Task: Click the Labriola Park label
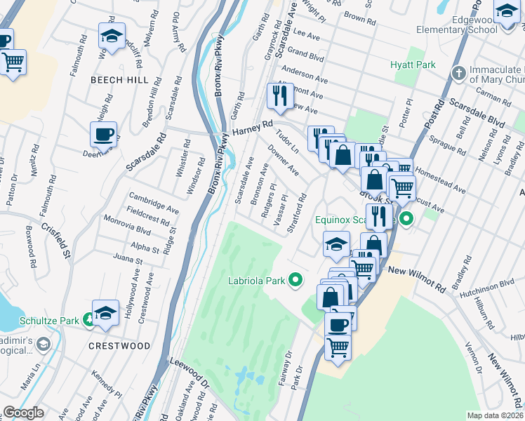[256, 281]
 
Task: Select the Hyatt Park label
[413, 65]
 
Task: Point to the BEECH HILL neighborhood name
[119, 81]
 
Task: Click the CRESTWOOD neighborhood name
[119, 346]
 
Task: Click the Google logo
[23, 413]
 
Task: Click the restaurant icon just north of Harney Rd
[281, 97]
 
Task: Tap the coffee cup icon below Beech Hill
[104, 135]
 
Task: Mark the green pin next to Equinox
[405, 220]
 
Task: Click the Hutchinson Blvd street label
[487, 288]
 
